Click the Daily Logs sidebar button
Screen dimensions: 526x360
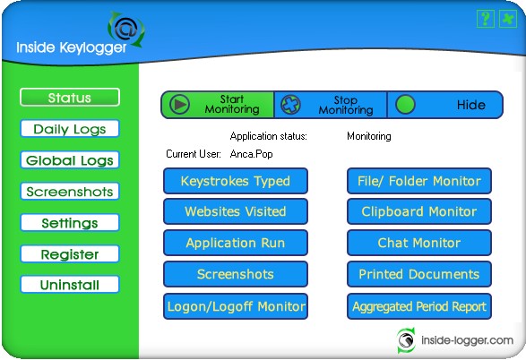70,129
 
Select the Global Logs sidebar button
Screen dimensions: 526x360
70,160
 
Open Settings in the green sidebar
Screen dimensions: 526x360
70,223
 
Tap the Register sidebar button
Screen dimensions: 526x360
70,254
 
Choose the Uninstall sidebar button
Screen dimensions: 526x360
70,285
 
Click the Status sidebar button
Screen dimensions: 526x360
70,98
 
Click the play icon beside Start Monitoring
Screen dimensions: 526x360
179,105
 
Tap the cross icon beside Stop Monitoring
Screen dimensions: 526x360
290,105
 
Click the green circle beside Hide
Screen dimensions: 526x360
405,105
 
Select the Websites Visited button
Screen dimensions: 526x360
236,211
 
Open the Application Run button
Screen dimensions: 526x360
236,243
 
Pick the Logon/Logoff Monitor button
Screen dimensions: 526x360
236,306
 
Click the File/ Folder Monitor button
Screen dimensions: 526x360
419,181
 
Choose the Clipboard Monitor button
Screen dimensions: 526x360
419,211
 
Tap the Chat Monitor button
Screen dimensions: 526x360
419,243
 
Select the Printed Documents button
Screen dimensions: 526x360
419,274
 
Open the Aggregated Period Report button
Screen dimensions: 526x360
419,306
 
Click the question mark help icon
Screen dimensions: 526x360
486,19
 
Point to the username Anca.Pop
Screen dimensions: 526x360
251,154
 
